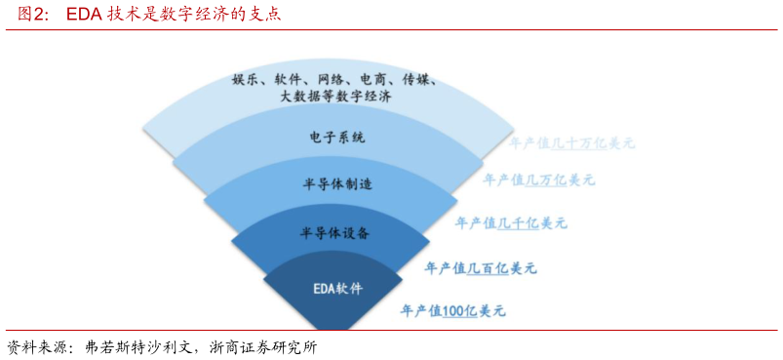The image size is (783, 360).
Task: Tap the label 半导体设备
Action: (x=334, y=233)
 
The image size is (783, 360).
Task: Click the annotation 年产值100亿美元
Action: (x=453, y=311)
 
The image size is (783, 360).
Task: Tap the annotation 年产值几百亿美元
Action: (x=481, y=267)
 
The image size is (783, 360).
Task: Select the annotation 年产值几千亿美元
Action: (x=511, y=223)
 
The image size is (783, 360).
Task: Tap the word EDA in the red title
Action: (x=85, y=15)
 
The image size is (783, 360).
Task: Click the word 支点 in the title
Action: (x=266, y=15)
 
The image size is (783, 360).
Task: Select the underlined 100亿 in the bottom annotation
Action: (x=453, y=311)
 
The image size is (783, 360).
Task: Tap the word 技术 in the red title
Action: (x=121, y=15)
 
